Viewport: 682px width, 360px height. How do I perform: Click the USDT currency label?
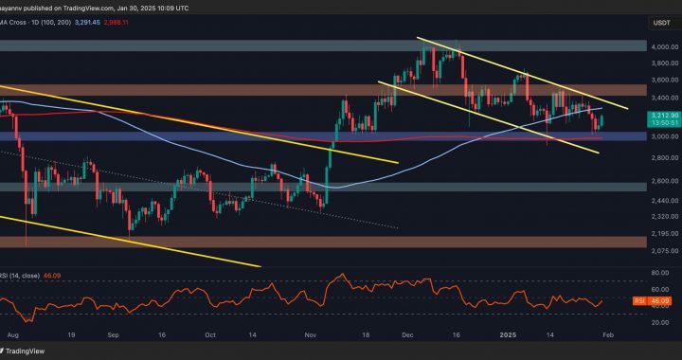point(664,24)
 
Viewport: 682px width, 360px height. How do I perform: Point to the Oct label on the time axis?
point(210,336)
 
